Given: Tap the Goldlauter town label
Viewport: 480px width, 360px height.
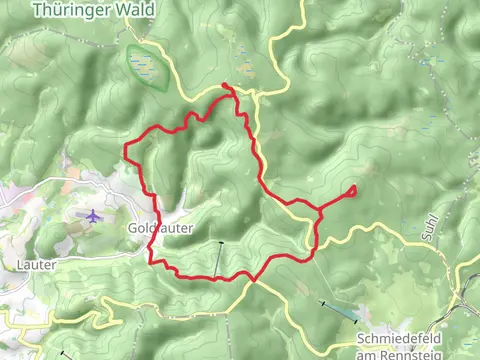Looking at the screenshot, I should [153, 228].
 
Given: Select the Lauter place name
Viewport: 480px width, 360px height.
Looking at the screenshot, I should [36, 264].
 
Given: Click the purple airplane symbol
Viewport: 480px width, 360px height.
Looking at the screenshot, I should [93, 216].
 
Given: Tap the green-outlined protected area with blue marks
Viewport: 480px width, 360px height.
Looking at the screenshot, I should [146, 66].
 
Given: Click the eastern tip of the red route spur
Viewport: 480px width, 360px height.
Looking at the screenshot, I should [355, 189].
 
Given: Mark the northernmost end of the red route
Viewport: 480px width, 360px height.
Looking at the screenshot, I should [226, 86].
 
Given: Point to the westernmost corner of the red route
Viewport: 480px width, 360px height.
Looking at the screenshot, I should [125, 149].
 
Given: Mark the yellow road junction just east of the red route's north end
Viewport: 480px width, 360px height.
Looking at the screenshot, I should [256, 97].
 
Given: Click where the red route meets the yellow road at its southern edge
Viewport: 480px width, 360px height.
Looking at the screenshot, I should [254, 279].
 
